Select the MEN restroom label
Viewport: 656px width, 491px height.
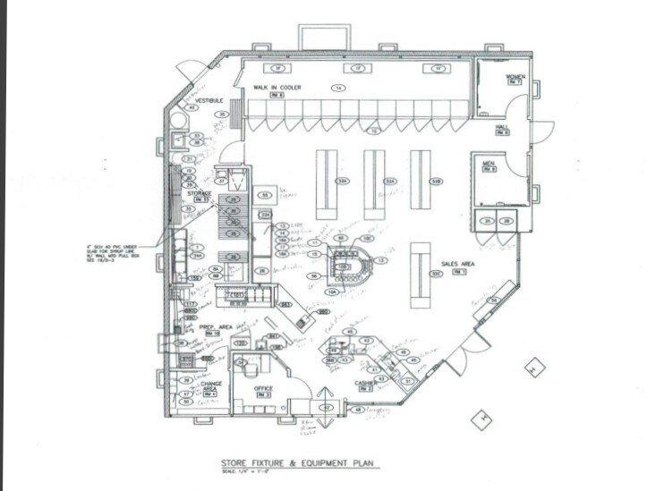[x=489, y=163]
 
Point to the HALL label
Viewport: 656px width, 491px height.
[x=502, y=128]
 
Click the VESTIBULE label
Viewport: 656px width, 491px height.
[x=209, y=101]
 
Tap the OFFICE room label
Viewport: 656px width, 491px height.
[x=263, y=388]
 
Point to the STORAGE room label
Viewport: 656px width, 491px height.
[x=199, y=193]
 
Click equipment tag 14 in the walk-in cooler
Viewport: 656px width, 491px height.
[x=338, y=88]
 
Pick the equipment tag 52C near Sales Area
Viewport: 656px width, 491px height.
[x=436, y=274]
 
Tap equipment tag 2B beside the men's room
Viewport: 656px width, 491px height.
[x=506, y=220]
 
